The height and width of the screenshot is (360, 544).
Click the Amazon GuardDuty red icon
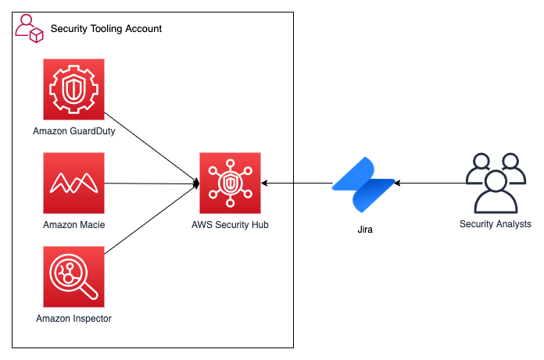pyautogui.click(x=74, y=92)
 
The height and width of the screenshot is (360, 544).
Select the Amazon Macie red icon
pyautogui.click(x=74, y=184)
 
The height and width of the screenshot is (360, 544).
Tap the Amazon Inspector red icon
pyautogui.click(x=74, y=277)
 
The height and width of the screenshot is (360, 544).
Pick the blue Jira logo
pyautogui.click(x=363, y=184)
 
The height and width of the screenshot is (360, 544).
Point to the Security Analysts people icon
pyautogui.click(x=495, y=183)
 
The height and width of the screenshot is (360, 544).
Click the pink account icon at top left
pyautogui.click(x=29, y=28)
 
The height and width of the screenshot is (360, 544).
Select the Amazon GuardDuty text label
pyautogui.click(x=74, y=131)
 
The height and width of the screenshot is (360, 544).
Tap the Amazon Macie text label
pyautogui.click(x=74, y=224)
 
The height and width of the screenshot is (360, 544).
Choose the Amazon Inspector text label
pyautogui.click(x=74, y=318)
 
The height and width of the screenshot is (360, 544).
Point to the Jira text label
pyautogui.click(x=363, y=230)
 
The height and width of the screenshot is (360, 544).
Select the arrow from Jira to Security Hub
pyautogui.click(x=297, y=184)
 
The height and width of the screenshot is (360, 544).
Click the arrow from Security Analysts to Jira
pyautogui.click(x=430, y=184)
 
